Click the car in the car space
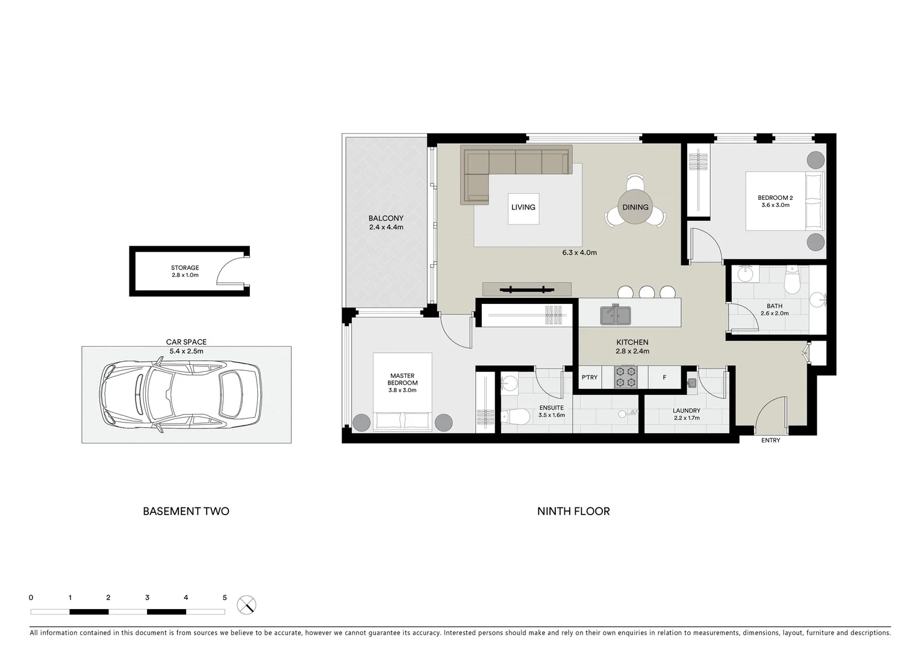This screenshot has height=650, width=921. click(x=181, y=394)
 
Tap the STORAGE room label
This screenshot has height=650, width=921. click(x=185, y=268)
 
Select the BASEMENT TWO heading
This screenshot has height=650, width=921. click(x=186, y=511)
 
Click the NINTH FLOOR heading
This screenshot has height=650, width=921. click(x=573, y=511)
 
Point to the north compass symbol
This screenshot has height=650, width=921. click(x=246, y=604)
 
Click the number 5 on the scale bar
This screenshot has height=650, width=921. click(x=225, y=598)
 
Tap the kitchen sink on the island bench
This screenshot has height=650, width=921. click(x=615, y=315)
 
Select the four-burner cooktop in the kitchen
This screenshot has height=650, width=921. click(x=625, y=377)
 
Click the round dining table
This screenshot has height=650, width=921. click(x=635, y=207)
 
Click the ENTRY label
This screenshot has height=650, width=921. click(x=770, y=441)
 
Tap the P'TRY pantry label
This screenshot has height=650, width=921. click(x=590, y=377)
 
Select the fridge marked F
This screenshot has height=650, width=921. click(x=664, y=377)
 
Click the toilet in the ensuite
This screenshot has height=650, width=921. click(x=513, y=416)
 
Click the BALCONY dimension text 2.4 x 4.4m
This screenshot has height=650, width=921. click(x=386, y=227)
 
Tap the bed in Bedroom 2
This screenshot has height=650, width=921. click(x=783, y=201)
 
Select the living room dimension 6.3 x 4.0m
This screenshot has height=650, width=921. click(x=579, y=253)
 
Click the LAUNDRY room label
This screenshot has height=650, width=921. click(x=686, y=411)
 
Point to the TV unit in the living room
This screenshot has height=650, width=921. click(x=526, y=289)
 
